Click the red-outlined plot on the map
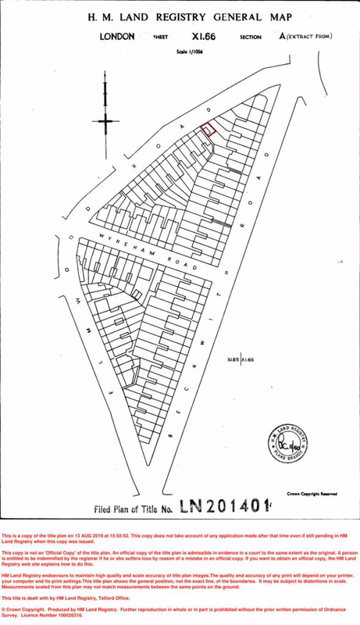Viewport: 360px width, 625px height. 208,130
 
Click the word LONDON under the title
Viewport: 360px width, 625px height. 117,36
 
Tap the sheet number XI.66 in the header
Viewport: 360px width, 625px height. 203,36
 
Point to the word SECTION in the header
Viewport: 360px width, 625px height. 250,37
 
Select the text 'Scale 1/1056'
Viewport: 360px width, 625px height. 190,52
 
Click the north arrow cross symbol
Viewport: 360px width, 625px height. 105,119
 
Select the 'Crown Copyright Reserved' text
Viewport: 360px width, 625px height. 312,493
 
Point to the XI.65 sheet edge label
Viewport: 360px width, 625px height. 232,360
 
